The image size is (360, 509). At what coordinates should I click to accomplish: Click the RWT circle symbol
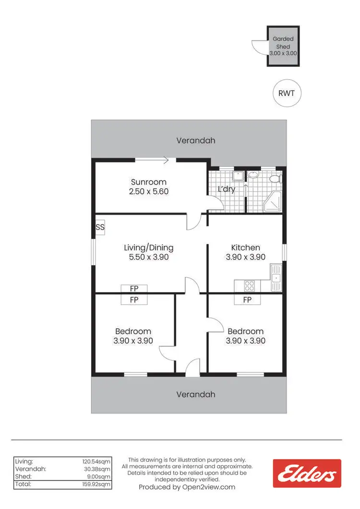(x=287, y=93)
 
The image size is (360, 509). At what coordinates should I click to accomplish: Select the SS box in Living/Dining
(x=100, y=228)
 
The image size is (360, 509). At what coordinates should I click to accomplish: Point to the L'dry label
(x=227, y=189)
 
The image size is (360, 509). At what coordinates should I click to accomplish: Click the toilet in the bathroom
(x=275, y=179)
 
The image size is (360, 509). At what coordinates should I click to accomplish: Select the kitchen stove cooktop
(x=250, y=286)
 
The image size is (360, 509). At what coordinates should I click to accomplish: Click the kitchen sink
(x=276, y=278)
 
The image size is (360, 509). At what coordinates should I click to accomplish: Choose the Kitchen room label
(x=246, y=248)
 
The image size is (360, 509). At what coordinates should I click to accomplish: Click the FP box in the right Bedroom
(x=247, y=300)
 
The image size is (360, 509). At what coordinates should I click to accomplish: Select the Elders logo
(x=307, y=473)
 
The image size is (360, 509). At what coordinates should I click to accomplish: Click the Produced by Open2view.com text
(x=187, y=486)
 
